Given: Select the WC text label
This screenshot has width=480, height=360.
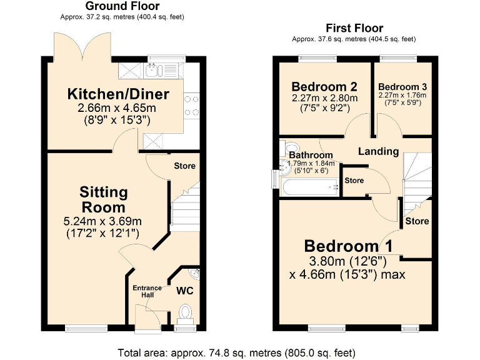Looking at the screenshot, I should (x=184, y=291).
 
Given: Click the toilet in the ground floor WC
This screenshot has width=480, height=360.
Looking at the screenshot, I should (x=185, y=311).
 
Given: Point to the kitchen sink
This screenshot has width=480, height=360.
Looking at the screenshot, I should (x=154, y=70).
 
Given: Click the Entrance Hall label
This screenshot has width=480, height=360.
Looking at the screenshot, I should (x=147, y=291).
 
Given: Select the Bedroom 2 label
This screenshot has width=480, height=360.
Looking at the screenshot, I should (x=324, y=86).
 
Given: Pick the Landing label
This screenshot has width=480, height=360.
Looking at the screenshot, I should (x=378, y=151).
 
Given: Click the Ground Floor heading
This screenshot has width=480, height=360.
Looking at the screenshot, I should (x=122, y=6).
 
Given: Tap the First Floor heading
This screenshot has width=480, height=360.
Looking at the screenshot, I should (x=354, y=28).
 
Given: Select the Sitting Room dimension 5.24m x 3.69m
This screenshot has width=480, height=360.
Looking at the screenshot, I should (x=103, y=221).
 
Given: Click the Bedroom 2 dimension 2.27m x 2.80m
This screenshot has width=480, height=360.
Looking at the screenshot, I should (x=324, y=98).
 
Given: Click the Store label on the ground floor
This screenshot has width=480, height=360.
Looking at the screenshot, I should (x=185, y=166).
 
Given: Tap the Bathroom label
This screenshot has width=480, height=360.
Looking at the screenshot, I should (x=311, y=155).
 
